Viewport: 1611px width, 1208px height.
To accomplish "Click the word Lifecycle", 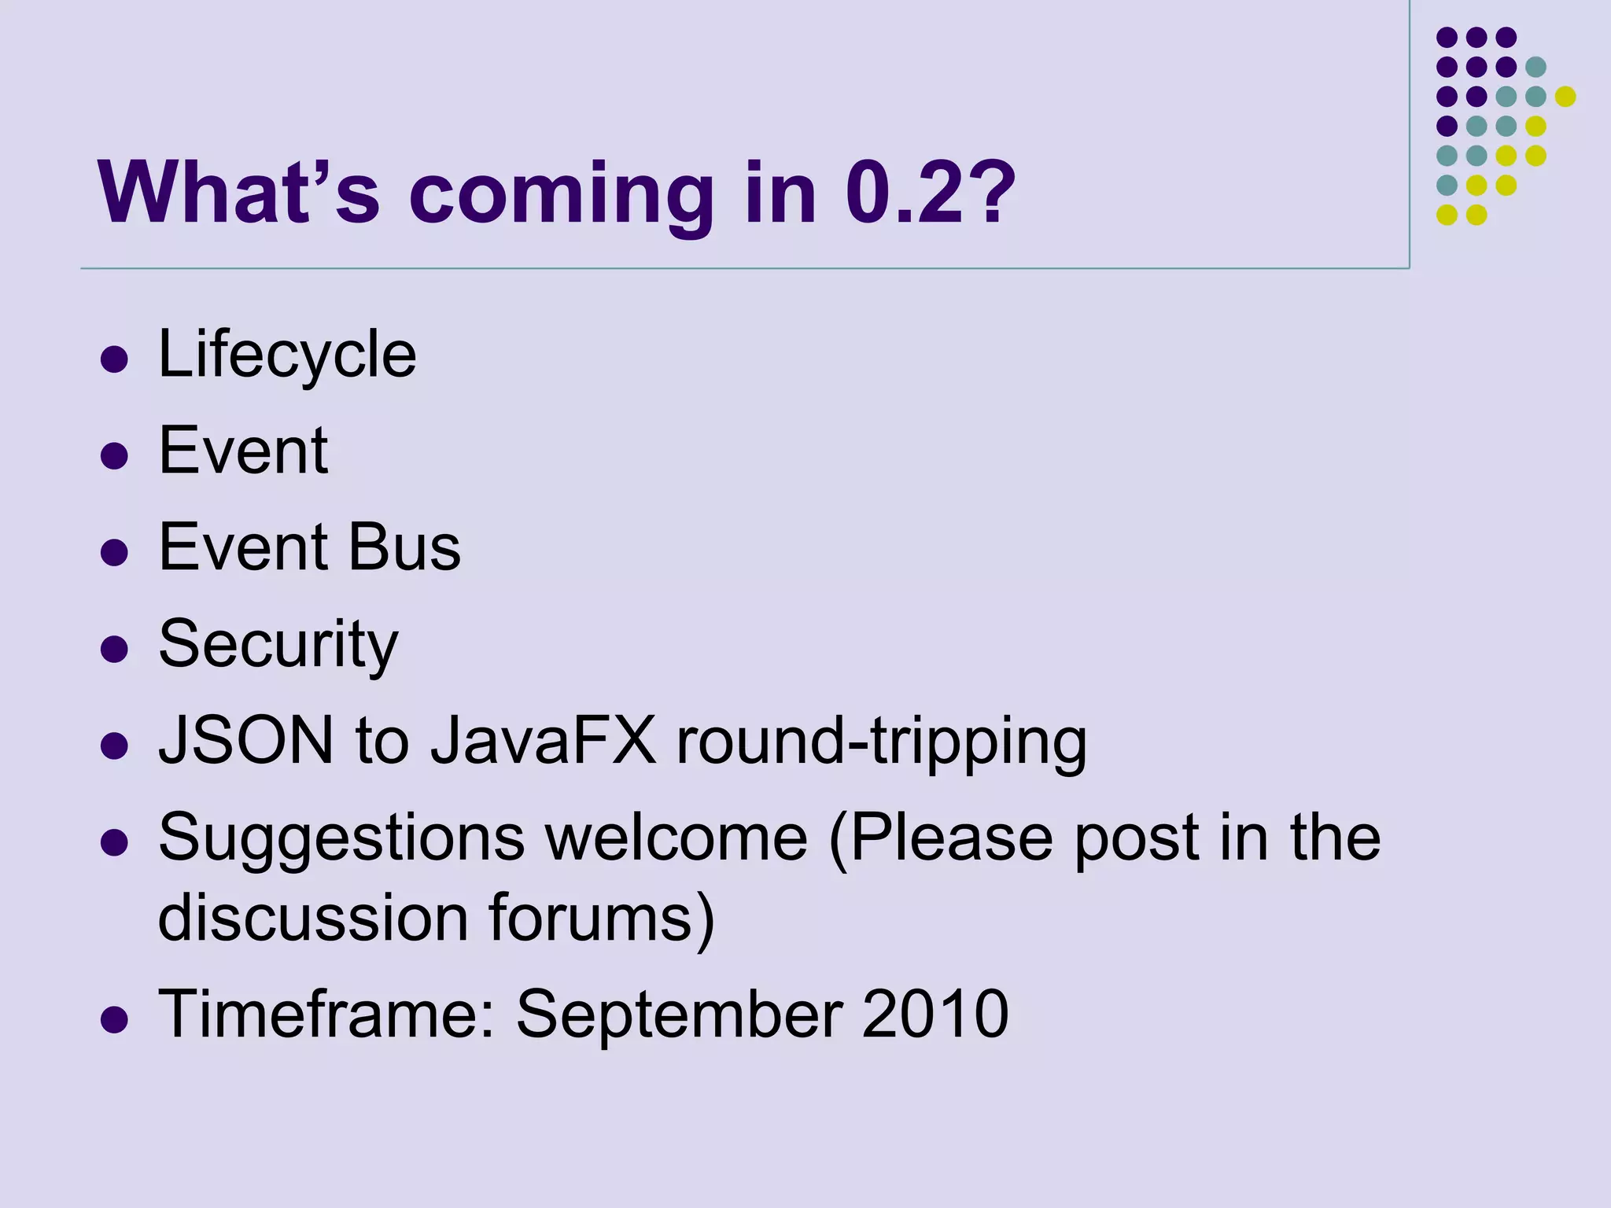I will [x=287, y=355].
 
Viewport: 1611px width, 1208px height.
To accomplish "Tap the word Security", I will [x=278, y=645].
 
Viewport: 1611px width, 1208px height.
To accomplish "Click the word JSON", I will [x=246, y=741].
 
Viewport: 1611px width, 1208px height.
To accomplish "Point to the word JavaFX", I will [x=543, y=741].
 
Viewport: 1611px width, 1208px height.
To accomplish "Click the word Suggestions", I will [x=341, y=838].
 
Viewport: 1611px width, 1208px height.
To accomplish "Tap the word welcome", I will [x=676, y=838].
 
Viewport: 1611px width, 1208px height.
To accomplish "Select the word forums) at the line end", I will [x=601, y=919].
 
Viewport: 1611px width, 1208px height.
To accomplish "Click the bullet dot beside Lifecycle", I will [x=115, y=359].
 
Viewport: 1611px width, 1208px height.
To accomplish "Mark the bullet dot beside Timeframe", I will [x=115, y=1019].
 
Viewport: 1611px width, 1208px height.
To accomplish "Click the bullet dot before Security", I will [x=115, y=650].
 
